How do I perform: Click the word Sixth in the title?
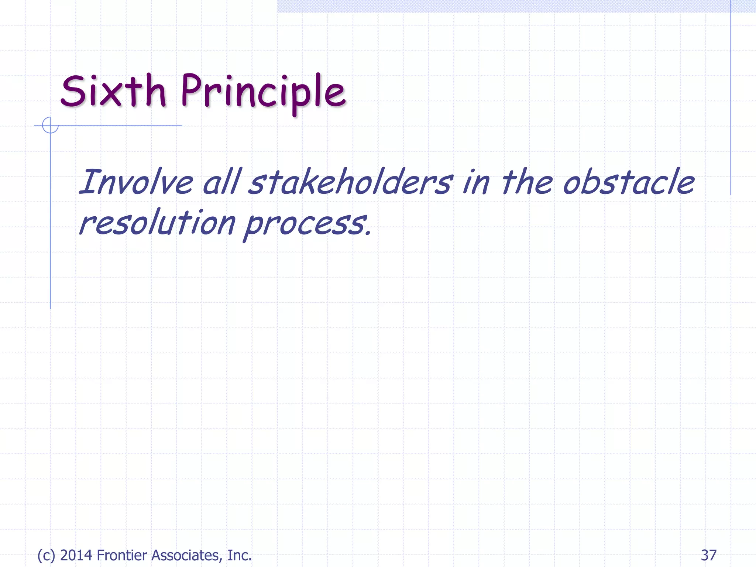[x=113, y=91]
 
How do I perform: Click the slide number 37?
[x=708, y=555]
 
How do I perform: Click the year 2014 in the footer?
[x=76, y=555]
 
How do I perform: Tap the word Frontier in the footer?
[x=122, y=555]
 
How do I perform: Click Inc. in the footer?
[x=240, y=555]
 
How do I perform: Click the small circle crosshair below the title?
[x=50, y=125]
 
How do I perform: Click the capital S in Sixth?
[x=73, y=91]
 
